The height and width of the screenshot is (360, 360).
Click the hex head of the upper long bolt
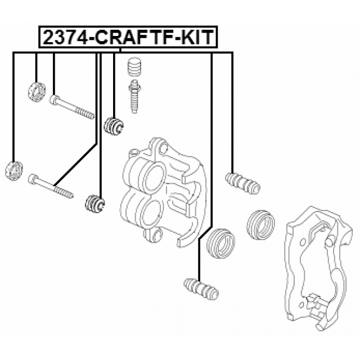[55, 100]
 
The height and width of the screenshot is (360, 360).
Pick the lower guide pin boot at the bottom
[201, 287]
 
